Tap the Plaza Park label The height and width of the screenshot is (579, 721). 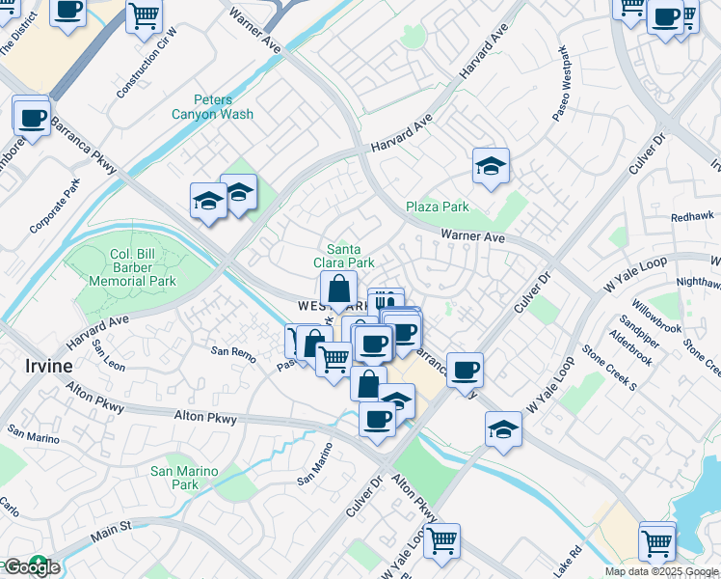[x=437, y=207]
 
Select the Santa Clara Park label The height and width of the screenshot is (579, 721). [x=344, y=255]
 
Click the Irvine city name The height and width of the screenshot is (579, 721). [x=44, y=366]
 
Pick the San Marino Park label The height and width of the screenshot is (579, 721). [x=184, y=478]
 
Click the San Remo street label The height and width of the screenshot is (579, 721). [x=233, y=354]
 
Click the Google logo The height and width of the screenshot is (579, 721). [x=31, y=567]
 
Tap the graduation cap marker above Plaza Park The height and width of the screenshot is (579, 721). [x=491, y=167]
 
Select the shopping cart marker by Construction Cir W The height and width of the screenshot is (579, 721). [x=144, y=14]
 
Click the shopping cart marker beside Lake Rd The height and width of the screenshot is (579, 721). [x=656, y=542]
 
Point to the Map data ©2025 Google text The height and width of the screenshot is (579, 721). [x=661, y=571]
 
